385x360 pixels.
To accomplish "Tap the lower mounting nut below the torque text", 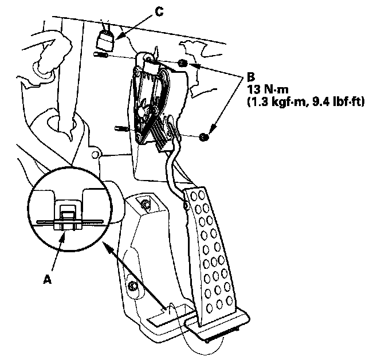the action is [204, 138].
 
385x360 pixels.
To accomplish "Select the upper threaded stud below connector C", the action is [100, 55].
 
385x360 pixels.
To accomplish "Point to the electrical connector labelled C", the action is [105, 41].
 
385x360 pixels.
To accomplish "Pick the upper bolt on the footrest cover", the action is [146, 205].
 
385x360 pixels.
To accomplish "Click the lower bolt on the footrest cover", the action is [133, 286].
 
